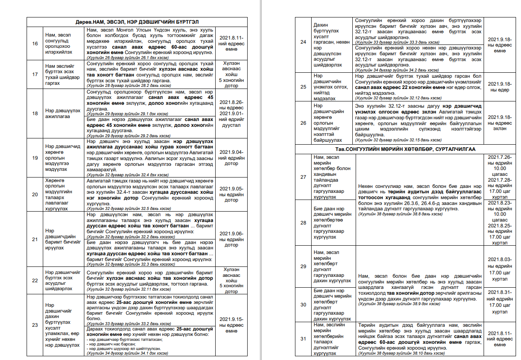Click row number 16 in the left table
pyautogui.click(x=35, y=44)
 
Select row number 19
pyautogui.click(x=35, y=158)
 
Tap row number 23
pyautogui.click(x=35, y=325)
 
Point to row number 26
pyautogui.click(x=303, y=123)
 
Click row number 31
pyautogui.click(x=303, y=339)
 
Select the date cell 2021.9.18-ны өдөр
pyautogui.click(x=499, y=87)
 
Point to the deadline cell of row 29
pyautogui.click(x=499, y=266)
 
